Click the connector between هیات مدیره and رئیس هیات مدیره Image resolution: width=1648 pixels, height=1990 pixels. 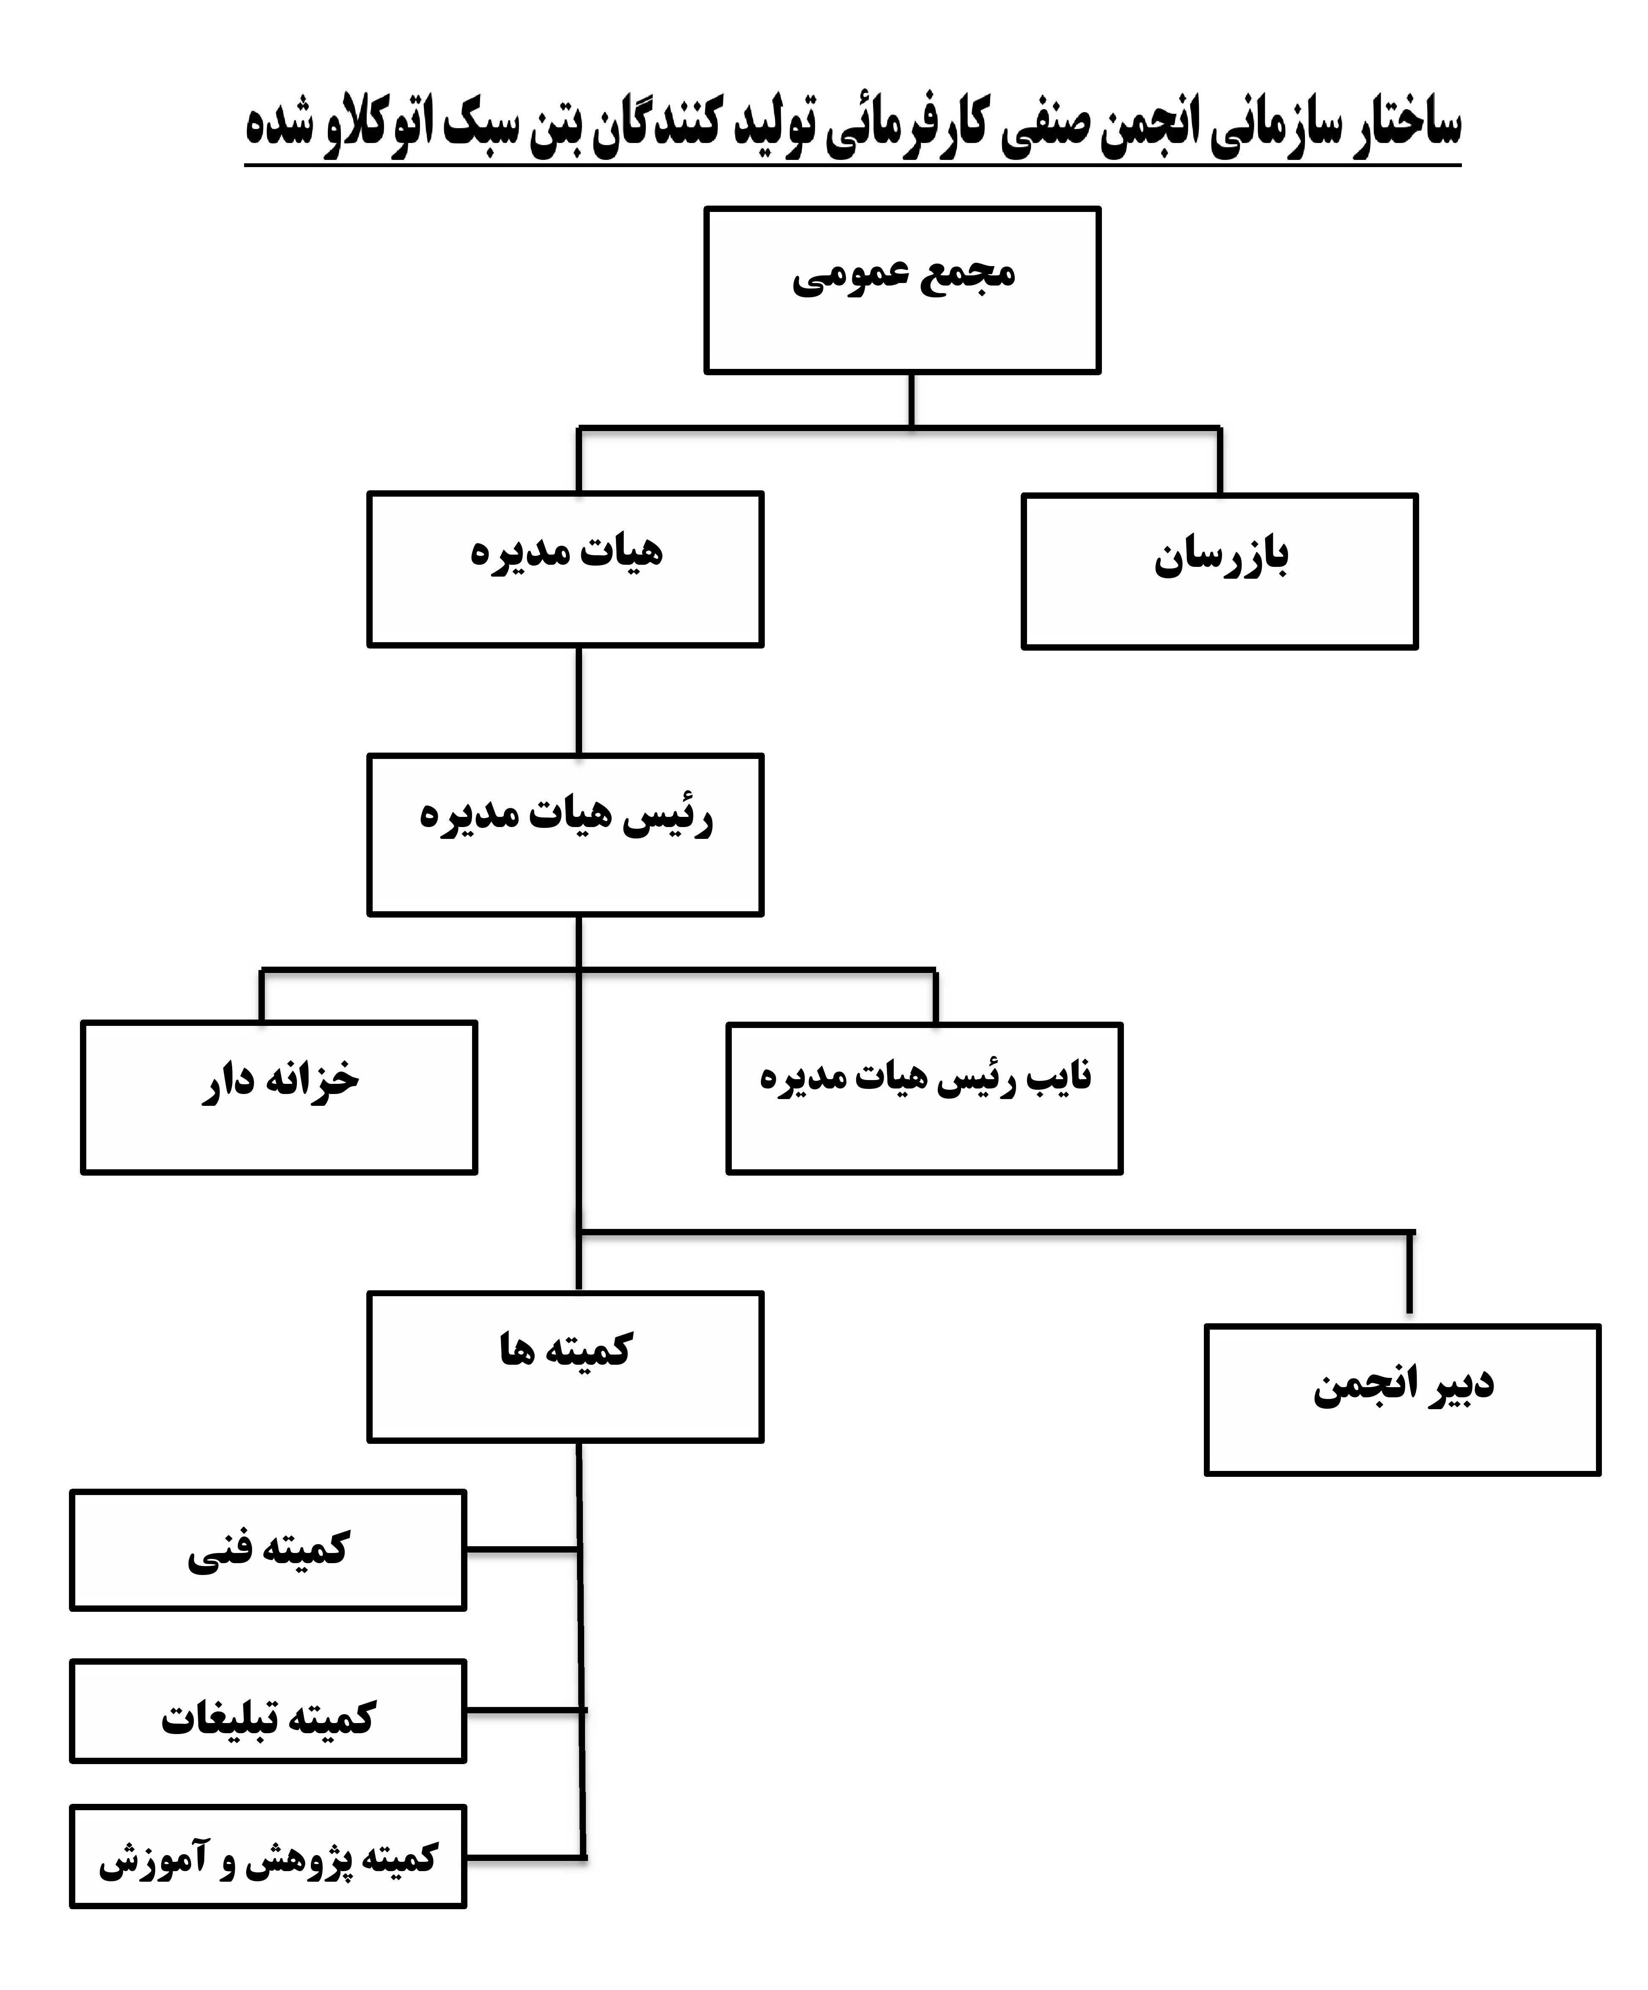(x=578, y=701)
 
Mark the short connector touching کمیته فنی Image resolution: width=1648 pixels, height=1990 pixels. (x=522, y=1549)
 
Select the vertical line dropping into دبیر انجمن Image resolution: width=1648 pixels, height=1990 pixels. (x=1410, y=1272)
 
